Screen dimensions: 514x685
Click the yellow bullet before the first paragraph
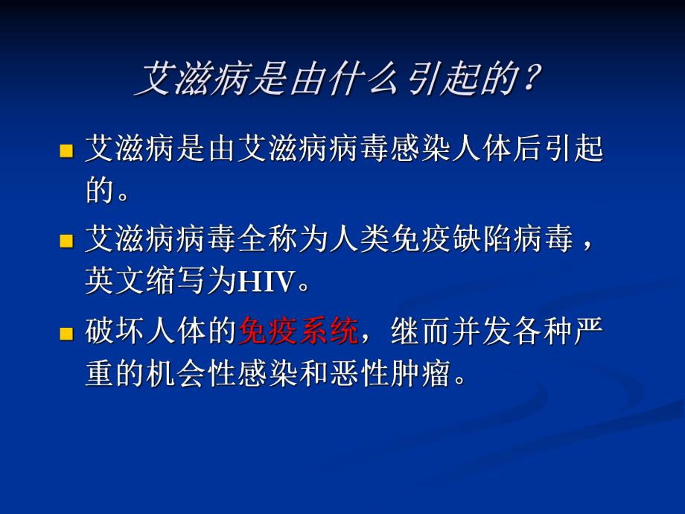point(66,151)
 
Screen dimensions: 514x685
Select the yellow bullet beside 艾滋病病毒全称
point(66,242)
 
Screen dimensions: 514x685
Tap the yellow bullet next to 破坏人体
point(66,333)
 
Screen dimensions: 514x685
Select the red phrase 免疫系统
point(298,332)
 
